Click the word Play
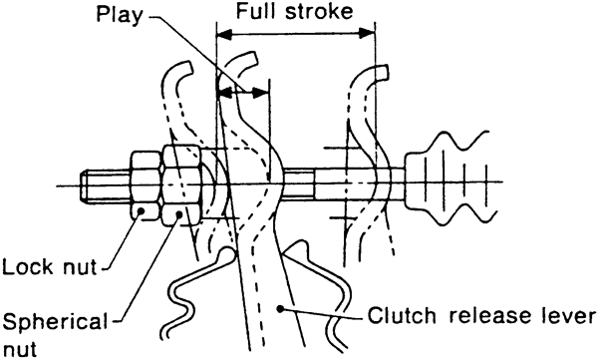point(120,16)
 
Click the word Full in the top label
point(257,11)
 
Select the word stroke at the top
point(320,11)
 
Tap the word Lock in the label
point(28,266)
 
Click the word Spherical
point(55,323)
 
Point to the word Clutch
point(402,315)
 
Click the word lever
point(565,315)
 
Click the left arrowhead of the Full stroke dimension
point(224,34)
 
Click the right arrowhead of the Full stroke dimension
point(367,34)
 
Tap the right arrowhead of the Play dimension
point(261,92)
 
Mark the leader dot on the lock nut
point(141,210)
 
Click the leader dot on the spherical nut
point(178,213)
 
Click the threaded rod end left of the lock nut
point(106,185)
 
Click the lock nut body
point(145,185)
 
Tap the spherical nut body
point(181,185)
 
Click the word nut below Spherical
point(19,349)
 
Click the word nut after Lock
point(80,267)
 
